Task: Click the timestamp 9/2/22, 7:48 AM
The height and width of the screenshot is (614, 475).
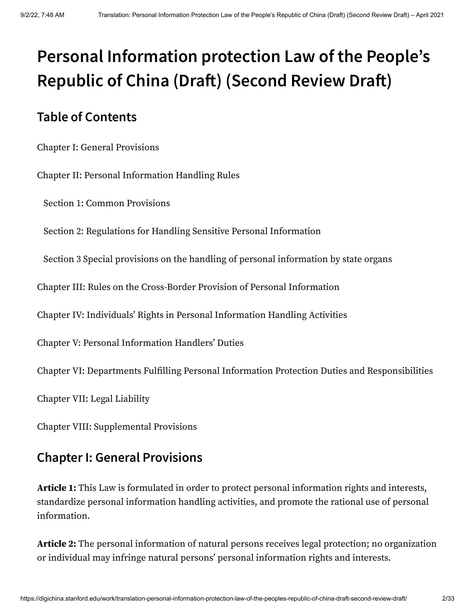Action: [x=42, y=15]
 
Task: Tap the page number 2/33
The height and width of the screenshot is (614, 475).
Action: [x=448, y=604]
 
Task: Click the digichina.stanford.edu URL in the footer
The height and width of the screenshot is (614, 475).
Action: [x=213, y=604]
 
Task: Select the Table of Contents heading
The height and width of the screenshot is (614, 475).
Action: [x=87, y=117]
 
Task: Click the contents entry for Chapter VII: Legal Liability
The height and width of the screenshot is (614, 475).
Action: [x=93, y=399]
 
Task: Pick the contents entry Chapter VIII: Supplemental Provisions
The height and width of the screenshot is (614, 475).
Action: [x=117, y=427]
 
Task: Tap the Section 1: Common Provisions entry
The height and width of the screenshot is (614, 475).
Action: [x=106, y=203]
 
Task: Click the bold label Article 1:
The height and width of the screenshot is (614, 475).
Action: [x=56, y=488]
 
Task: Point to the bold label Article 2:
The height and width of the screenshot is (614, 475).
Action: [x=56, y=544]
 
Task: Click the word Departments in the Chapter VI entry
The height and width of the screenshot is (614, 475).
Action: [x=114, y=371]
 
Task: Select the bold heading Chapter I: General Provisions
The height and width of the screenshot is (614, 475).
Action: [x=120, y=457]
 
